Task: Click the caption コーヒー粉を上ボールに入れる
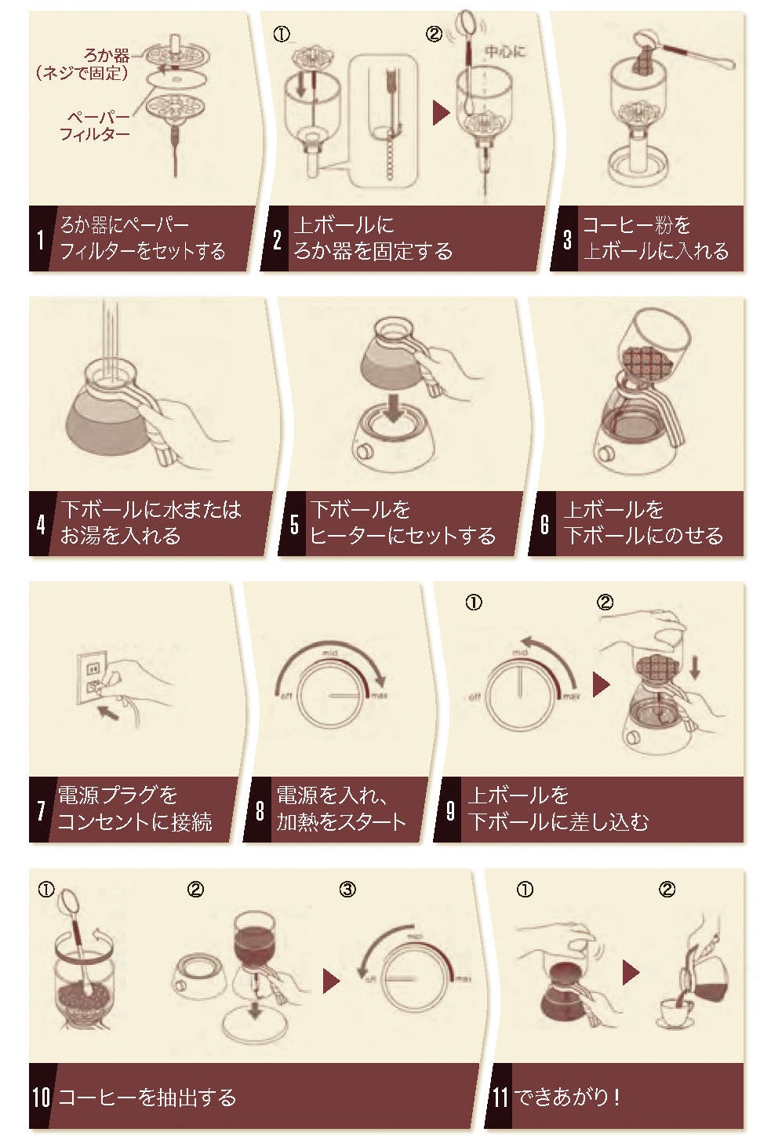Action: tap(654, 238)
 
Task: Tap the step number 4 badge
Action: tap(41, 524)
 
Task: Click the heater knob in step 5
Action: tap(365, 452)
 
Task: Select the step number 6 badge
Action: tap(544, 524)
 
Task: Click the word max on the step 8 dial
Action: tap(380, 695)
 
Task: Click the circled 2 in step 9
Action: tap(605, 602)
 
